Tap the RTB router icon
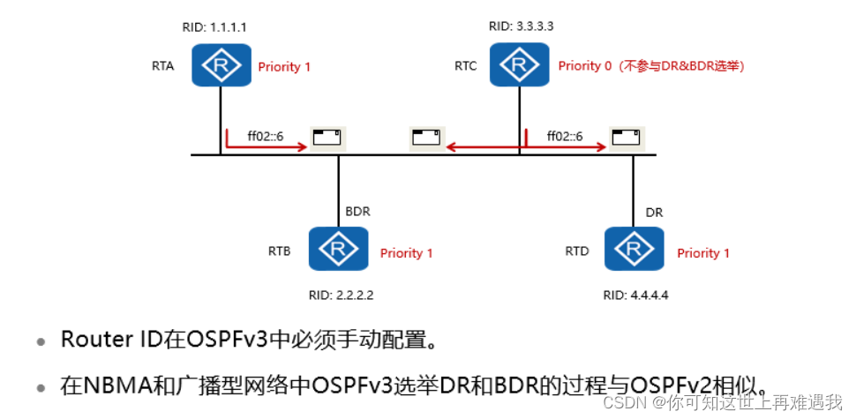pyautogui.click(x=338, y=249)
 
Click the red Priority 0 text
pyautogui.click(x=584, y=66)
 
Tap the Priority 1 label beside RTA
pyautogui.click(x=284, y=66)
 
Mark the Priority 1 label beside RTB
pyautogui.click(x=407, y=253)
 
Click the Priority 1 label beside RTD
pyautogui.click(x=703, y=253)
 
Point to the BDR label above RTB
pyautogui.click(x=357, y=213)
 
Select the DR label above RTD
pyautogui.click(x=655, y=213)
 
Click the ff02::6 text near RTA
pyautogui.click(x=265, y=136)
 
